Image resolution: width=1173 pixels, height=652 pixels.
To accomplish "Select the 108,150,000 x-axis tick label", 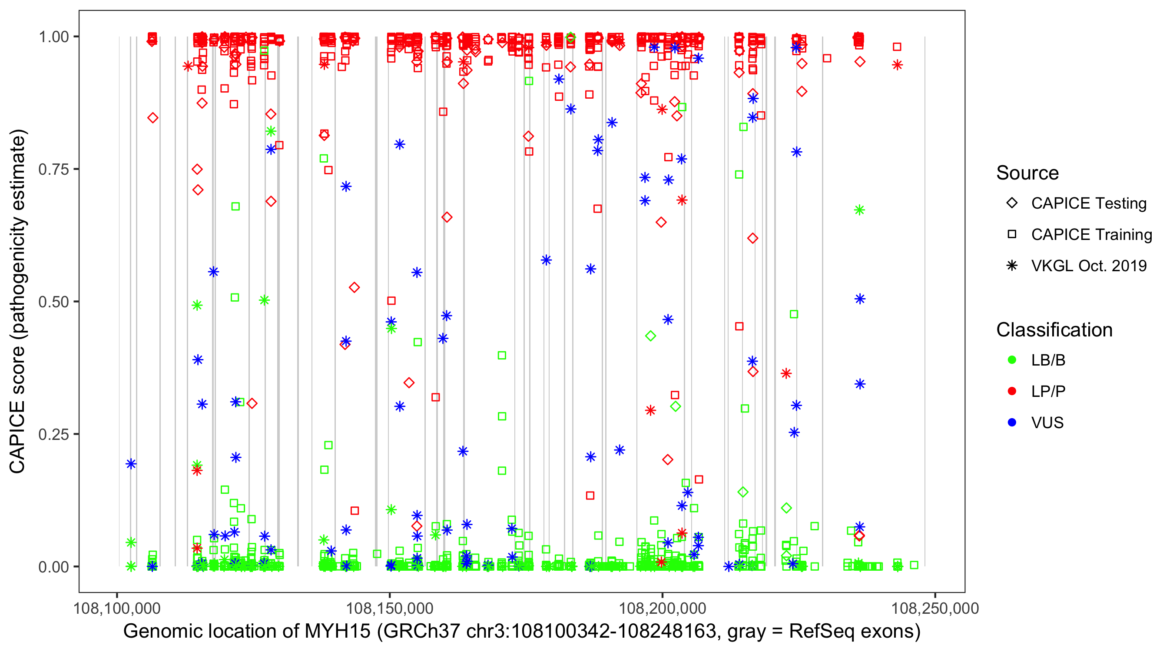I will pyautogui.click(x=389, y=608).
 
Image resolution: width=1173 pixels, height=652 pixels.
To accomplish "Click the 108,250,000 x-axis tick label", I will pyautogui.click(x=935, y=608).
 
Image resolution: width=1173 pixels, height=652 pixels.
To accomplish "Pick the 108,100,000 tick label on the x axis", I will pyautogui.click(x=117, y=608).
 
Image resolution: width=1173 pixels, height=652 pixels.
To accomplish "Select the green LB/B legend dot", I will pyautogui.click(x=1012, y=360).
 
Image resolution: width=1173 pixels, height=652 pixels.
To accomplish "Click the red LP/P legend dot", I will pyautogui.click(x=1012, y=391).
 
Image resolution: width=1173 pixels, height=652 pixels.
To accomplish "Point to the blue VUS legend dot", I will pyautogui.click(x=1012, y=422).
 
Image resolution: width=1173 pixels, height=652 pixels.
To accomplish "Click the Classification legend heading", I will pyautogui.click(x=1054, y=330).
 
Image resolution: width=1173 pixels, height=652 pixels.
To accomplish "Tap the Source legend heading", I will pyautogui.click(x=1027, y=173).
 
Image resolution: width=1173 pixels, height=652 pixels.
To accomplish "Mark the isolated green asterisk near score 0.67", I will pyautogui.click(x=859, y=210).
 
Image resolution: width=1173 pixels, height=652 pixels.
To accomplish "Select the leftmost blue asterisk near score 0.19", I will pyautogui.click(x=131, y=464).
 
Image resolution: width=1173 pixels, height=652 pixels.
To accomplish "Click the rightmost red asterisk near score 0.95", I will pyautogui.click(x=897, y=65).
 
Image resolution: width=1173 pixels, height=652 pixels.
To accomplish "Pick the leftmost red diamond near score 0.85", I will pyautogui.click(x=152, y=118).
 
